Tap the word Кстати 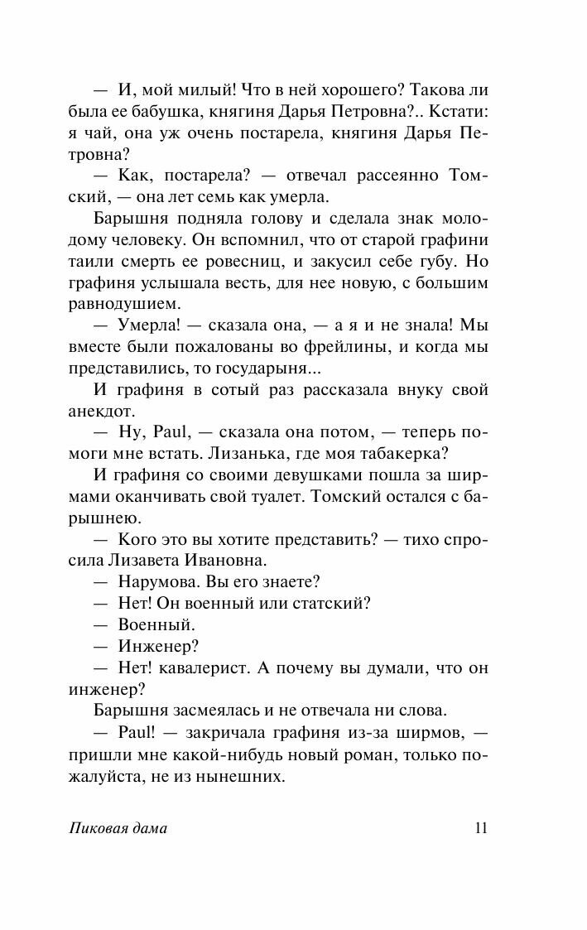click(x=461, y=110)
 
